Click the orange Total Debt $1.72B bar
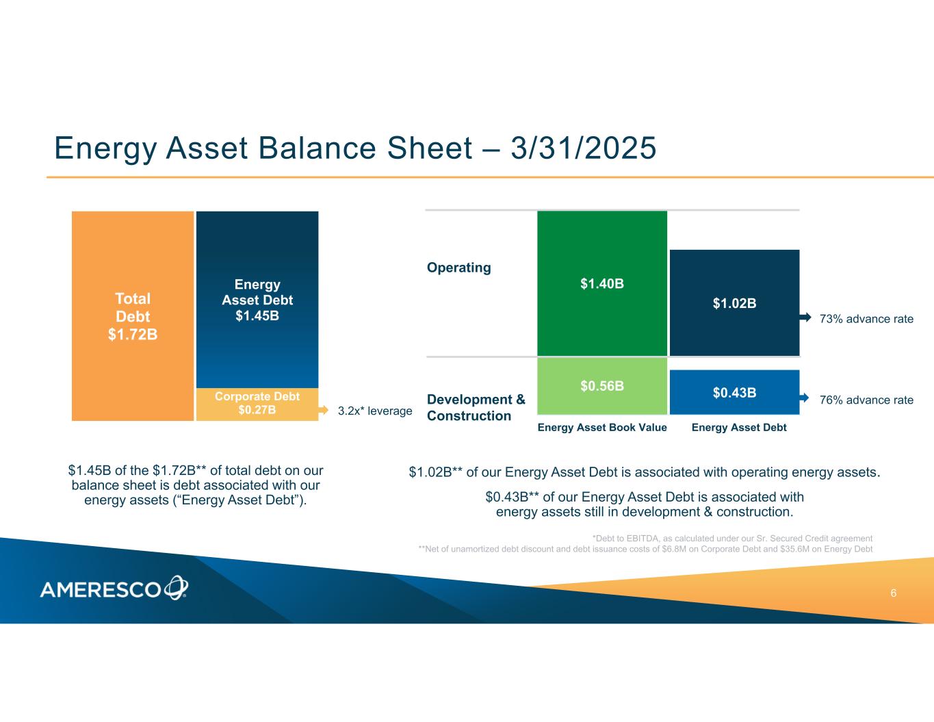click(132, 316)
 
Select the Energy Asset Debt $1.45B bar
click(257, 300)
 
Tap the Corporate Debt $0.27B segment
click(257, 404)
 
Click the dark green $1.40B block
click(601, 283)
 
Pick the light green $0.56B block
click(601, 386)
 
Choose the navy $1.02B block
click(734, 302)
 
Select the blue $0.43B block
click(734, 392)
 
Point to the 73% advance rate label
click(866, 319)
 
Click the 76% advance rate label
click(866, 400)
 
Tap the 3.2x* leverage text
click(375, 411)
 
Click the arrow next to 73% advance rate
click(805, 318)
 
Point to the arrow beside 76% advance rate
click(804, 398)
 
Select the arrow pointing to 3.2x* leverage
click(323, 411)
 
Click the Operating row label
click(458, 268)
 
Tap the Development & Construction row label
click(476, 407)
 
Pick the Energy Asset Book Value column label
click(601, 427)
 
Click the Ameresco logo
click(114, 587)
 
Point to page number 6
click(893, 593)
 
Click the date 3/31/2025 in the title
click(583, 148)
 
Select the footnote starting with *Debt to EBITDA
click(732, 538)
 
